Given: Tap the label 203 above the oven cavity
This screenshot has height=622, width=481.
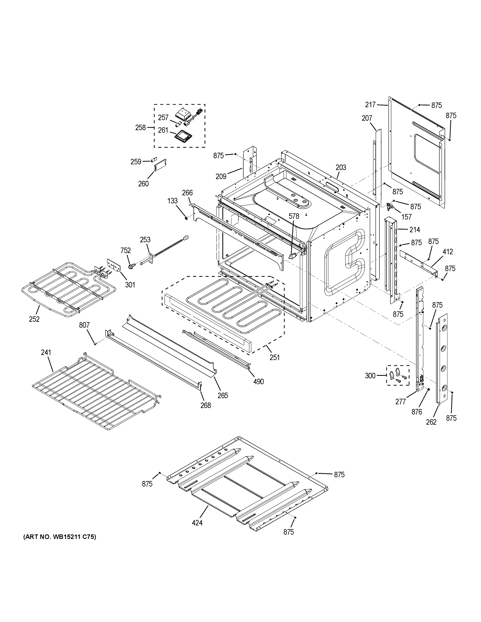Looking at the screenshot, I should (341, 167).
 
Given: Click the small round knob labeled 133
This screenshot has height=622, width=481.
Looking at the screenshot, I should (186, 218).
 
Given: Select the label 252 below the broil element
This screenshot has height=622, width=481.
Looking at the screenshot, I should (34, 319).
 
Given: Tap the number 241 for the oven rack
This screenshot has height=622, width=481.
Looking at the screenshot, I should (46, 352).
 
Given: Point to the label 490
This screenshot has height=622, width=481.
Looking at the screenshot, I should (258, 381).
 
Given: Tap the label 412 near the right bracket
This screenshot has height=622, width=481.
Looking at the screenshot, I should (447, 252).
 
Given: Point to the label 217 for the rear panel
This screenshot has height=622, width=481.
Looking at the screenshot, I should (370, 105).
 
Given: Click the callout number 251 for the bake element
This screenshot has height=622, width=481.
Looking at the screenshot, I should (274, 357).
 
